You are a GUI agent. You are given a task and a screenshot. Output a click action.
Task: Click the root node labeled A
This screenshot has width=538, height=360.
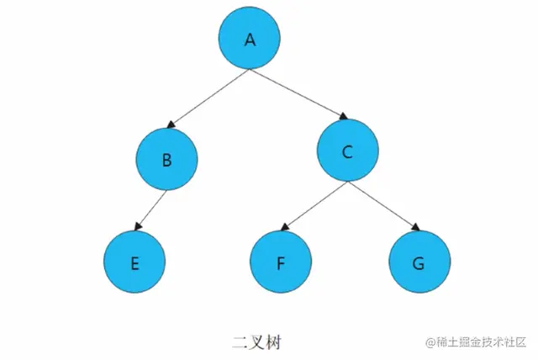[x=249, y=40]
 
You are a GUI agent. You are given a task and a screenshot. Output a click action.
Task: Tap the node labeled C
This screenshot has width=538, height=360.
[x=348, y=151]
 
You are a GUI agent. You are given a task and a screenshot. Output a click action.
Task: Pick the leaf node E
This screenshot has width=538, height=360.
[x=134, y=262]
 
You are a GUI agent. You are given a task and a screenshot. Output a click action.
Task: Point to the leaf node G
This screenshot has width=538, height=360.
[x=419, y=262]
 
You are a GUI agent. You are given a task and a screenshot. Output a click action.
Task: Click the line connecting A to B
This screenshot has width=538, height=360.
[x=210, y=97]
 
